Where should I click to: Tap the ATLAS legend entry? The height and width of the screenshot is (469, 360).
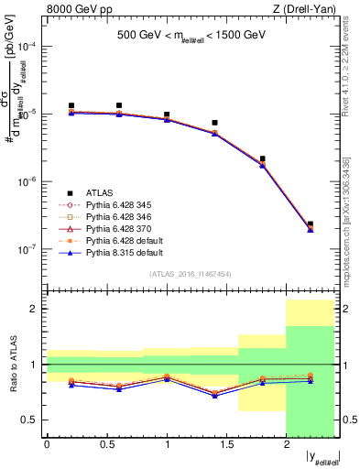[x=102, y=192]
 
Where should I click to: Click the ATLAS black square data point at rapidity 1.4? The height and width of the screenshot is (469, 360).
[x=214, y=123]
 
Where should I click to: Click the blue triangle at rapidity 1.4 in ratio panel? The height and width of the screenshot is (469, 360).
[x=214, y=396]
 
